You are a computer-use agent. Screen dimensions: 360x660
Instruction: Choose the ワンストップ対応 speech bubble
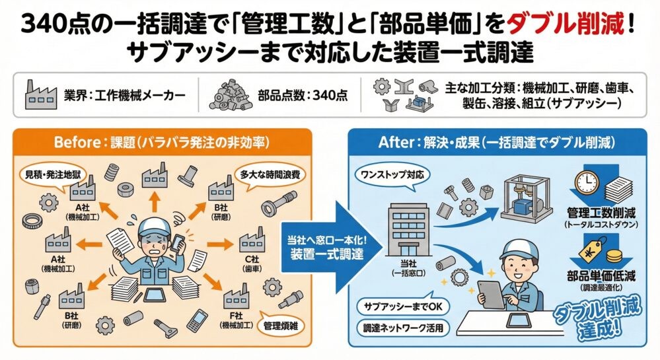pyautogui.click(x=392, y=176)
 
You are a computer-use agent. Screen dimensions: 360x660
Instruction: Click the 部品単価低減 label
pyautogui.click(x=600, y=277)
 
